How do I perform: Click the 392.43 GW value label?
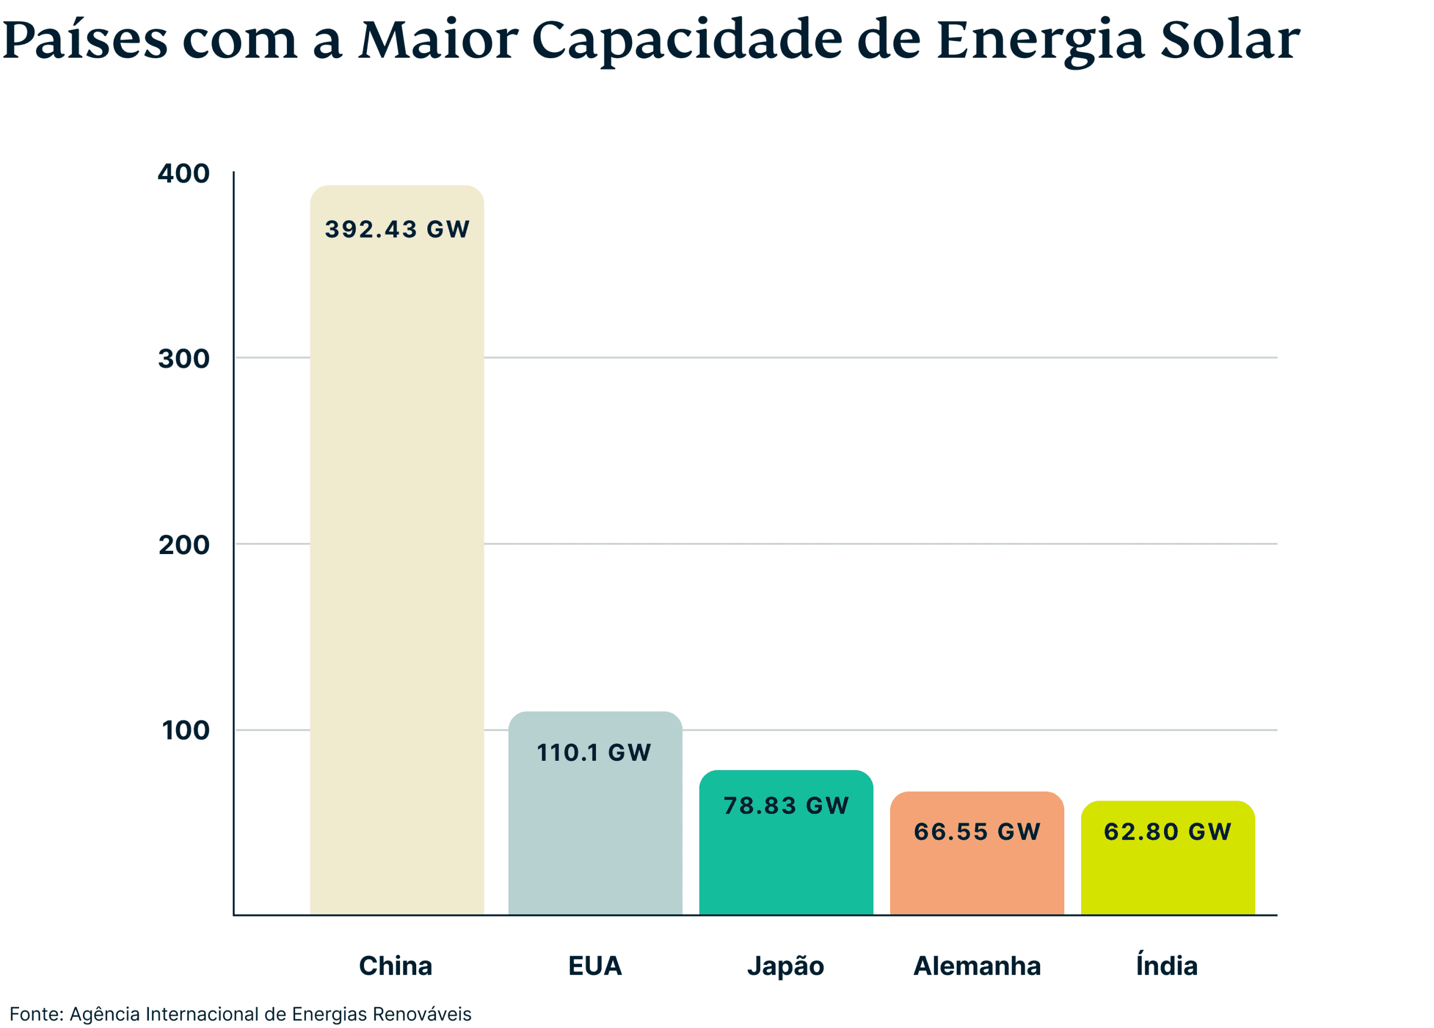point(397,230)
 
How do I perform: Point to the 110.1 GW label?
point(594,752)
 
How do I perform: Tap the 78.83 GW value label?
point(786,806)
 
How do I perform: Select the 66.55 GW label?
point(977,831)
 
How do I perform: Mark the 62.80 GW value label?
point(1167,831)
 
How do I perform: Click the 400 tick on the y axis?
point(183,174)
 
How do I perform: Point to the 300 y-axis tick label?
point(183,359)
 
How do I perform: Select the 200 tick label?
point(183,545)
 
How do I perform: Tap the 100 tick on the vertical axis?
point(185,730)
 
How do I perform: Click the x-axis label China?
point(396,966)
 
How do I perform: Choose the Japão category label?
point(785,966)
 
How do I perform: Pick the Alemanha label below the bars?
point(977,966)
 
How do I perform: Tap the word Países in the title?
point(85,40)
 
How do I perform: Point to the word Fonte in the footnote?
point(35,1014)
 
